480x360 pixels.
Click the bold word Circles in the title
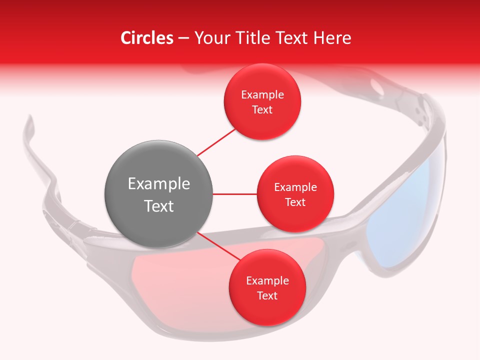[x=146, y=38]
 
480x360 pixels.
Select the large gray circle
[x=158, y=194]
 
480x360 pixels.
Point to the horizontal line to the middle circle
[x=234, y=194]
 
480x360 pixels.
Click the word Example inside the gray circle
[x=158, y=184]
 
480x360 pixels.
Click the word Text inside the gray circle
[x=158, y=206]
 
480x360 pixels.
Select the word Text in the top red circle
[x=262, y=110]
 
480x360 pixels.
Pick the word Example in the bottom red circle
[x=267, y=280]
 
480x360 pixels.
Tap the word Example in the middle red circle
[x=295, y=187]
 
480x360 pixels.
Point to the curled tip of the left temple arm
[x=28, y=125]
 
